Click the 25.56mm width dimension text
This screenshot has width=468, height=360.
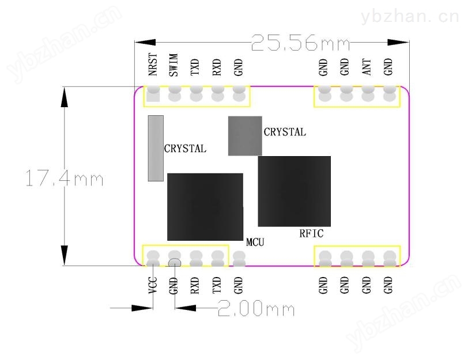point(300,43)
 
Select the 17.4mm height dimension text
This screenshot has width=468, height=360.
point(65,178)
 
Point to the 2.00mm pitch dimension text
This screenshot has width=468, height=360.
point(256,308)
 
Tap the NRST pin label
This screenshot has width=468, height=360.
point(153,65)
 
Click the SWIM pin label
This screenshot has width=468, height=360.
point(173,65)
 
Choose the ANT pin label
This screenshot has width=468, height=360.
point(367,67)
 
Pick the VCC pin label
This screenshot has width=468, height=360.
point(153,285)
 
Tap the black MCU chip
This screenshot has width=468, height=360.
point(205,207)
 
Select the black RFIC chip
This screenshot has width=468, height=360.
point(295,191)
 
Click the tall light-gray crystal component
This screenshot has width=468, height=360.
point(156,148)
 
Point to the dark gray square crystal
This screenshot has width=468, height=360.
point(245,136)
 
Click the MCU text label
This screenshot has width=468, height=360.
point(255,242)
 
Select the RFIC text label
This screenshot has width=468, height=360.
point(311,233)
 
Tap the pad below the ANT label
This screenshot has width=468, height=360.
point(368,94)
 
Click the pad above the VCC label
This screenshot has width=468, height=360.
point(153,258)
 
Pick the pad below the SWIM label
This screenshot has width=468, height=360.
point(175,94)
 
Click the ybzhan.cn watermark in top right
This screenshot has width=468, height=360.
point(410,17)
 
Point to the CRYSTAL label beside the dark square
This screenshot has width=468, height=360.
point(285,132)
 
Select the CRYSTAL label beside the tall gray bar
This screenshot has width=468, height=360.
point(185,149)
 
